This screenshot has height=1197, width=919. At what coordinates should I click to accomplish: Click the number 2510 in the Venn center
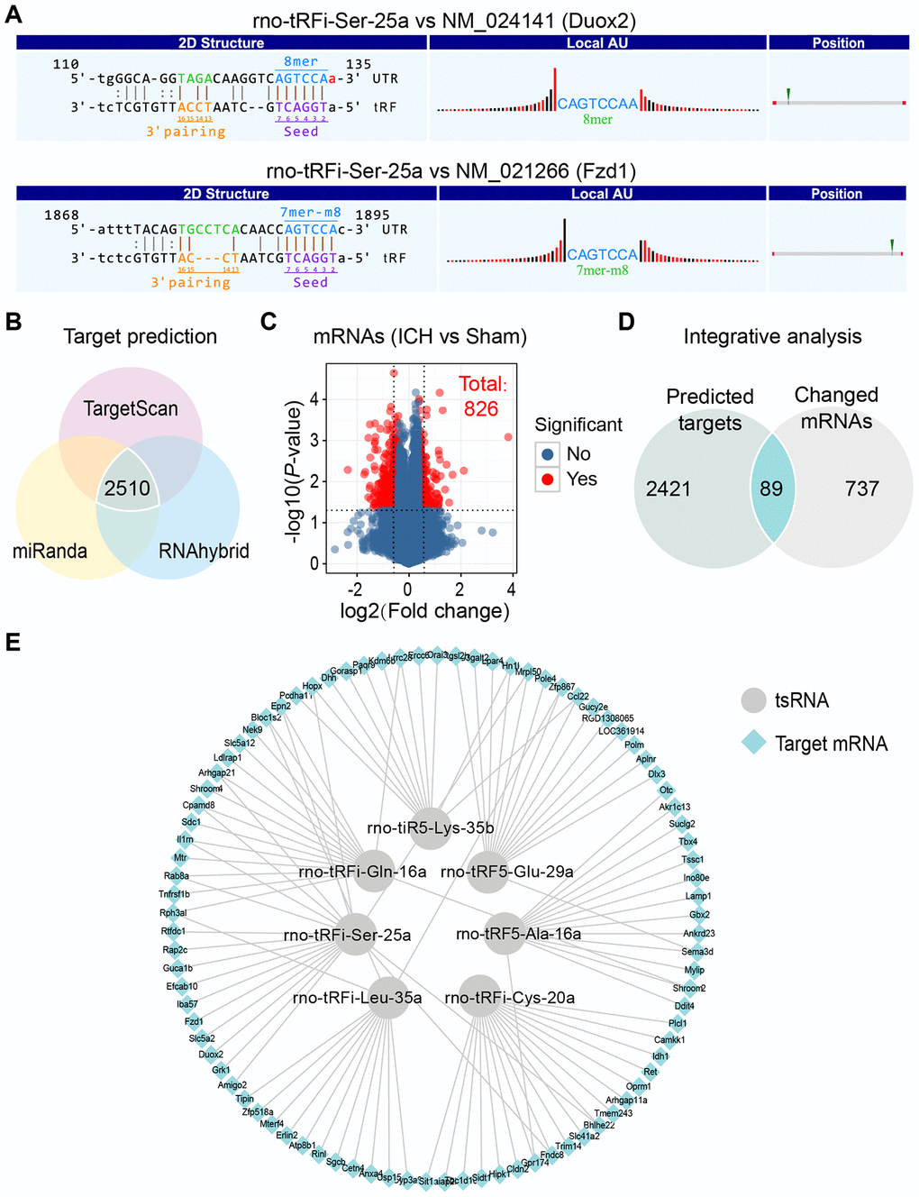[x=127, y=489]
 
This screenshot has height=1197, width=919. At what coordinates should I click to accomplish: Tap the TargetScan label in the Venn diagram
[x=131, y=409]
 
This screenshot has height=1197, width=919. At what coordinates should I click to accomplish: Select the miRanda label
[x=50, y=551]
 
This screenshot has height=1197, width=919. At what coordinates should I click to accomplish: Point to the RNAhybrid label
[x=204, y=551]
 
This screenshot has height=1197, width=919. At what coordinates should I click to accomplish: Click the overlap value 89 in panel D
[x=771, y=489]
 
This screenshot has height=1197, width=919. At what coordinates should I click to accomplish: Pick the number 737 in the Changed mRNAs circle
[x=861, y=489]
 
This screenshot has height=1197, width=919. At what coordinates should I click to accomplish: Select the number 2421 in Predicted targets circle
[x=669, y=489]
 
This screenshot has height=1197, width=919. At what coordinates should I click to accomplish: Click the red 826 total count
[x=481, y=409]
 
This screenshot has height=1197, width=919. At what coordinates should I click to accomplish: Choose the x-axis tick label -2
[x=355, y=589]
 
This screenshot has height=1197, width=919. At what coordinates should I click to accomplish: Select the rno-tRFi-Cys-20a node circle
[x=479, y=997]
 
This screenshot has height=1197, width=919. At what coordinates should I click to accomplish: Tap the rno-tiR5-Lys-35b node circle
[x=430, y=827]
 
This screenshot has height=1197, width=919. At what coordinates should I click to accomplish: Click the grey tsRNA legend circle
[x=753, y=700]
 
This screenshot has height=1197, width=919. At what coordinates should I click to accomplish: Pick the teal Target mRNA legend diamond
[x=753, y=743]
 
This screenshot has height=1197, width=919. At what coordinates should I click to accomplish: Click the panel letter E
[x=13, y=642]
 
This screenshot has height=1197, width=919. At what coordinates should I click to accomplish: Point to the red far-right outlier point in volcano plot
[x=509, y=437]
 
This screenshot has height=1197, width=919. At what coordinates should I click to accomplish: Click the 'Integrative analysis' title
[x=772, y=337]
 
